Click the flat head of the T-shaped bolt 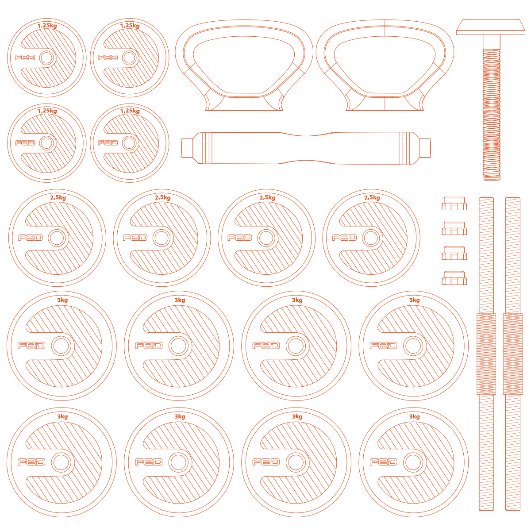coord(490,27)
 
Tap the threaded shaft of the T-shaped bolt coord(491,114)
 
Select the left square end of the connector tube coord(187,148)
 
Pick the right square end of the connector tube coord(425,148)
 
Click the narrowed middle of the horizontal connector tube coord(306,148)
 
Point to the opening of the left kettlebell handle coord(244,65)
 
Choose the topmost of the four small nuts coord(454,204)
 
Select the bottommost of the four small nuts coord(454,278)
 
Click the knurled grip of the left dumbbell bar coord(486,354)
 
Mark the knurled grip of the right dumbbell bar coord(512,354)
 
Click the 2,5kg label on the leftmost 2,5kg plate coord(58,198)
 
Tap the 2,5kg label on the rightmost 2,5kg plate coord(372,198)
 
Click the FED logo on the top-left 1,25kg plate coord(25,58)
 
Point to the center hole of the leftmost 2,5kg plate coord(57,238)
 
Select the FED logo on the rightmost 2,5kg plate coord(344,238)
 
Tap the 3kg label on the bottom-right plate coord(415,416)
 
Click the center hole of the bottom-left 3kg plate coord(61,462)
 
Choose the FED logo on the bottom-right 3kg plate coord(383,462)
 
